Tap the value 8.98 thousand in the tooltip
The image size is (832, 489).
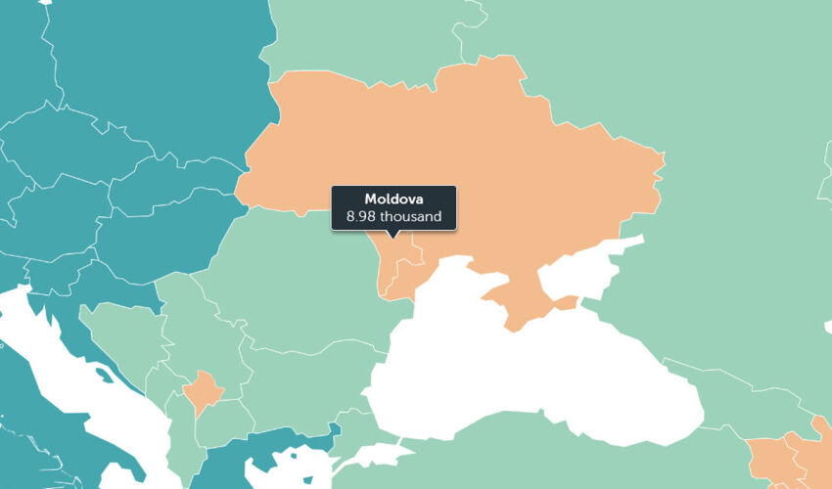pos(393,216)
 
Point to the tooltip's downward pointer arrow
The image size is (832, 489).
pos(393,235)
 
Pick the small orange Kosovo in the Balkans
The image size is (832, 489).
pos(205,388)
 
